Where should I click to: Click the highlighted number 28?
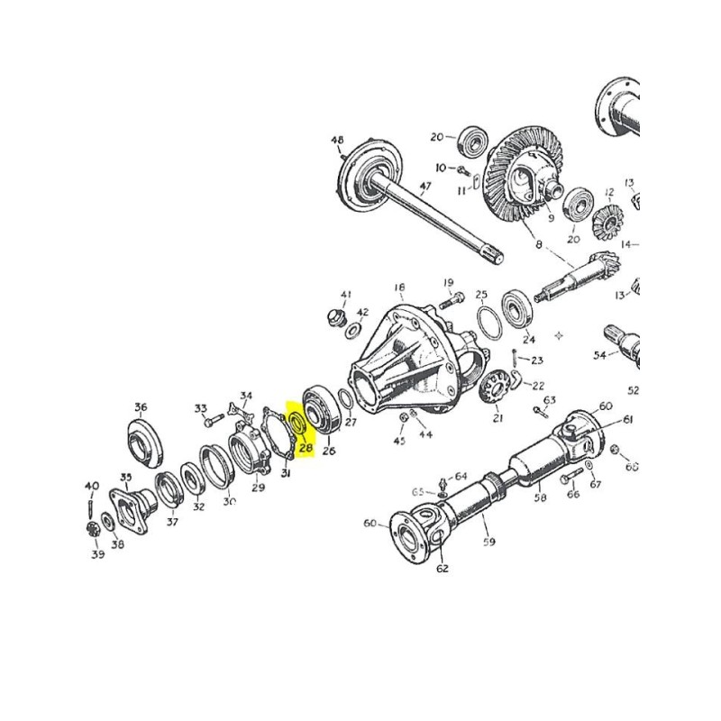[305, 447]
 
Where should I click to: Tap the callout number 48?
[338, 141]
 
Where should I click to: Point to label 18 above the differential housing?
[400, 286]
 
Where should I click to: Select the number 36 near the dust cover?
[141, 406]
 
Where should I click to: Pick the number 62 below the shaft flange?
[442, 569]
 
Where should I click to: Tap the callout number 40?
[91, 487]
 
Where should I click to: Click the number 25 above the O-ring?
[482, 295]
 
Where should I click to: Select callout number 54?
[599, 355]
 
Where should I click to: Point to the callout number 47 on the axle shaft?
[425, 187]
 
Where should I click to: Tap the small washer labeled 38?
[108, 522]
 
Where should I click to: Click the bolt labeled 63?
[542, 413]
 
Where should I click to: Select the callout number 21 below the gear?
[498, 417]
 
